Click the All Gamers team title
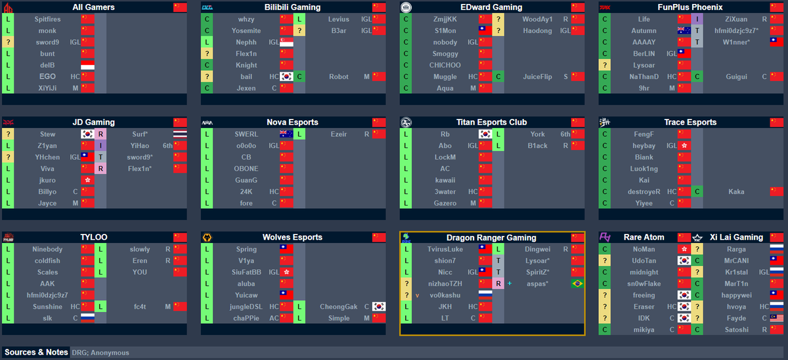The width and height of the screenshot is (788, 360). (x=93, y=7)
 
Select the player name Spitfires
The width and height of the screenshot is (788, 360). (x=47, y=19)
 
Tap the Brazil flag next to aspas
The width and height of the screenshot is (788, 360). (x=578, y=284)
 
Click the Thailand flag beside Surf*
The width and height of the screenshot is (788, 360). (x=180, y=134)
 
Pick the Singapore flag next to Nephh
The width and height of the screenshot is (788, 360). (x=286, y=42)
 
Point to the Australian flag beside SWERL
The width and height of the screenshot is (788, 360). (x=286, y=134)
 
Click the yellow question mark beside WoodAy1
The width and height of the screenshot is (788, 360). (x=498, y=19)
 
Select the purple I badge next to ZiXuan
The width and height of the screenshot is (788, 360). (x=697, y=19)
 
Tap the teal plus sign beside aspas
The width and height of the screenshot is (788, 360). (x=510, y=283)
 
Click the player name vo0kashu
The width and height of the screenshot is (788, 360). (x=445, y=295)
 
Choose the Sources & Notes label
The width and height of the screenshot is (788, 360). (x=36, y=352)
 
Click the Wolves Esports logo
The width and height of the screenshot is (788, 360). (x=207, y=238)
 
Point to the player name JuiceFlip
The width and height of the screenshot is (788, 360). (x=537, y=77)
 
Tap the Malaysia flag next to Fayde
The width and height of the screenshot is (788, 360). (x=776, y=318)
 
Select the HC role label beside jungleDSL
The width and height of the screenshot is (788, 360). (x=274, y=307)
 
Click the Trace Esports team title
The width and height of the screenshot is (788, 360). (x=690, y=122)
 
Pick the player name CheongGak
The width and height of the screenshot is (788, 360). (x=338, y=307)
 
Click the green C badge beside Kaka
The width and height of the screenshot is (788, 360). (x=697, y=192)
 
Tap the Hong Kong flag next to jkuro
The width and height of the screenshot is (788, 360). (x=87, y=180)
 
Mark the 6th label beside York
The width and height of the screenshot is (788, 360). (x=565, y=134)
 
